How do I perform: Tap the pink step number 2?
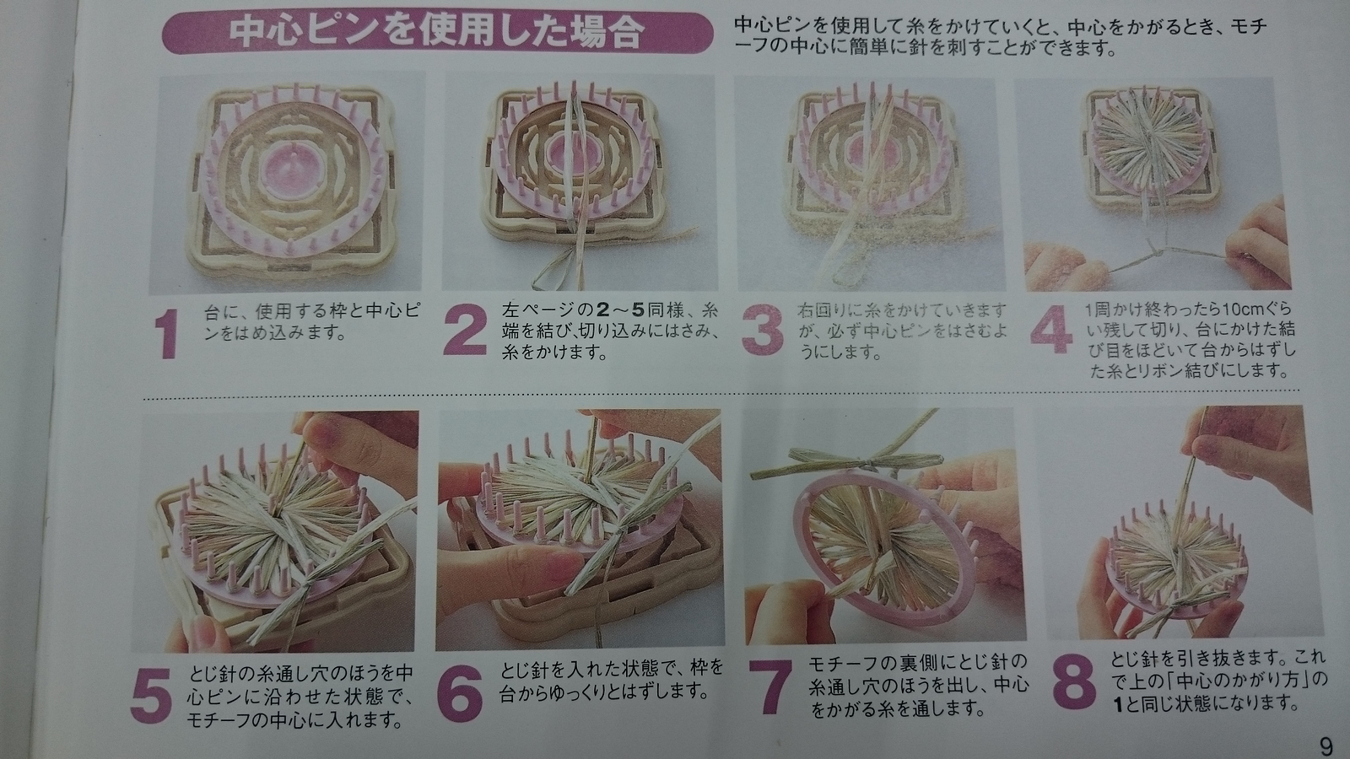click(465, 330)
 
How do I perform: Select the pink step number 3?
click(763, 330)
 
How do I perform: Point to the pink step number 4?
click(1051, 328)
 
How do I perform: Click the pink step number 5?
click(151, 696)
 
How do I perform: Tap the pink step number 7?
click(769, 687)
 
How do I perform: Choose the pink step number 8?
click(1074, 682)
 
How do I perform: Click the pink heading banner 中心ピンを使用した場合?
click(438, 33)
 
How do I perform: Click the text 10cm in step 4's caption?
click(1240, 310)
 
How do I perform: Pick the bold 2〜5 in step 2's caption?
click(624, 310)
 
